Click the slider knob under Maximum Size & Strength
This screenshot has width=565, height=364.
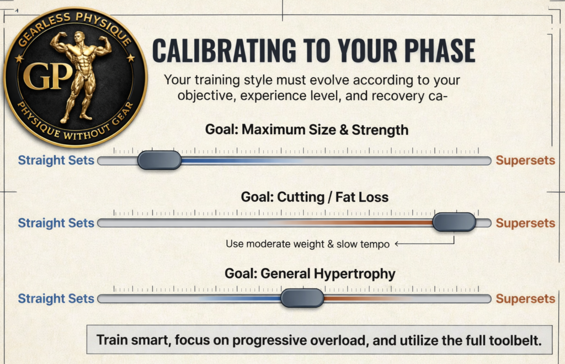[159, 160]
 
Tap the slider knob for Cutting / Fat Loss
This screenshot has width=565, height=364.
[454, 222]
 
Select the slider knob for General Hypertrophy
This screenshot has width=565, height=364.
[302, 298]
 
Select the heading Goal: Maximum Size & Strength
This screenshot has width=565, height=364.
[307, 130]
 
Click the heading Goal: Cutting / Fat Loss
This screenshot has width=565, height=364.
[315, 197]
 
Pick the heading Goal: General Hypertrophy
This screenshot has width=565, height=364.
[310, 273]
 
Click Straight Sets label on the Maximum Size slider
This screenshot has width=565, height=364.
[56, 161]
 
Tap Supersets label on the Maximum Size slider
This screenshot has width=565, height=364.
[525, 161]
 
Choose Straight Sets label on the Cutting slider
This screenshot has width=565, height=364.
[56, 223]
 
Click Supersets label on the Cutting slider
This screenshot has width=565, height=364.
[525, 223]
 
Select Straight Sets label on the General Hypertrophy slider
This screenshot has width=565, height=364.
[56, 299]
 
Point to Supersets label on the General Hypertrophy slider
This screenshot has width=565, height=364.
[525, 299]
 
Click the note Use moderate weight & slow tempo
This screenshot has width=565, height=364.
[308, 244]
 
